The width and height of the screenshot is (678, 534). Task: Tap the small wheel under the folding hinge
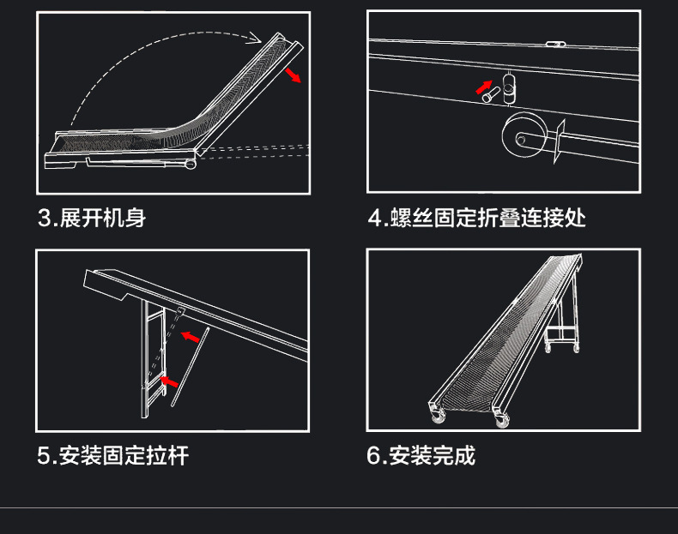189,164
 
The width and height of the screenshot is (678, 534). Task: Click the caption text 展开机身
102,218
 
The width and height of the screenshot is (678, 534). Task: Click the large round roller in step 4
520,137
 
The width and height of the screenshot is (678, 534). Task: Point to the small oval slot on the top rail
555,44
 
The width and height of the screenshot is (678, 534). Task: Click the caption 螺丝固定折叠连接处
488,218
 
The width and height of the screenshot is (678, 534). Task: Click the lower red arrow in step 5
169,377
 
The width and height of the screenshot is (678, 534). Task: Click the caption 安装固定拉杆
124,455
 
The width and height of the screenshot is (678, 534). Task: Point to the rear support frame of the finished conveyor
566,326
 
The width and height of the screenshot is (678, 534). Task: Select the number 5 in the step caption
43,455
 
